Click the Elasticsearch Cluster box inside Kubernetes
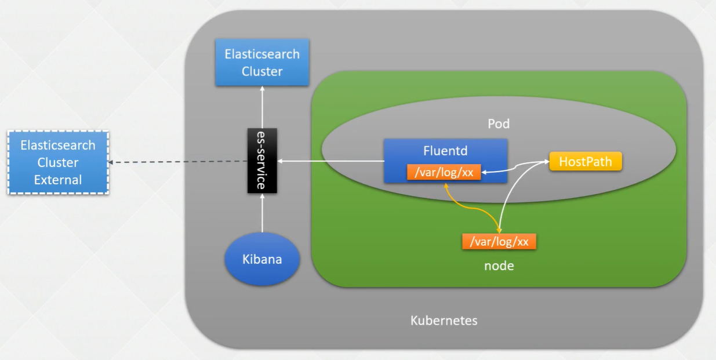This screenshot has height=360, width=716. click(262, 63)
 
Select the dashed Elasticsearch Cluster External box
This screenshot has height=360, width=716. click(58, 162)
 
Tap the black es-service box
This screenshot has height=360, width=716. click(262, 161)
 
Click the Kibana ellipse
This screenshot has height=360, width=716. click(262, 259)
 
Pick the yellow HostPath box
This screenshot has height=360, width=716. click(586, 162)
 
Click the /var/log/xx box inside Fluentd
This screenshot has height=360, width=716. click(444, 172)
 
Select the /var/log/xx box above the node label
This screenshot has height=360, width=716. click(499, 241)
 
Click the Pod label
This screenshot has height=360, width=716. click(498, 125)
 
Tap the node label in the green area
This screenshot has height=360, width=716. click(499, 266)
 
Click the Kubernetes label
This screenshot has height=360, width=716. click(444, 320)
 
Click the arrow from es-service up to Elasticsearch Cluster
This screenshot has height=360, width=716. click(262, 107)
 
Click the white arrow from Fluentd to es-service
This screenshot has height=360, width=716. click(330, 161)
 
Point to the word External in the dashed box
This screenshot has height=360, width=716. click(58, 180)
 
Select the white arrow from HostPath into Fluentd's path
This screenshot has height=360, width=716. click(516, 168)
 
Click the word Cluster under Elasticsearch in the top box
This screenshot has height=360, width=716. click(262, 72)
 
